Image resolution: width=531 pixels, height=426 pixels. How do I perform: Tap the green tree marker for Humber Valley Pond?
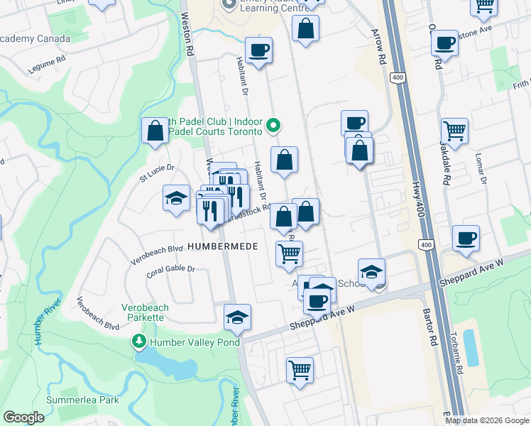pyautogui.click(x=139, y=342)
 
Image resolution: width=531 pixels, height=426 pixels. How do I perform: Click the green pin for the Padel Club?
pyautogui.click(x=275, y=127)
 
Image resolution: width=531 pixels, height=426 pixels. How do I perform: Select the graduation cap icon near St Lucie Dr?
pyautogui.click(x=176, y=198)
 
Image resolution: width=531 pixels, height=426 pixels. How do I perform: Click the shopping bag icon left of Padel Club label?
pyautogui.click(x=154, y=131)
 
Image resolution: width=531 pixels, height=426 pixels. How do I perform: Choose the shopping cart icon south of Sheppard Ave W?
pyautogui.click(x=300, y=370)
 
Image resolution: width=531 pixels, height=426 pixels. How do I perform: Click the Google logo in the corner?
pyautogui.click(x=23, y=417)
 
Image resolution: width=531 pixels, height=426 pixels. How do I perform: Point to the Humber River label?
pyautogui.click(x=38, y=326)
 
